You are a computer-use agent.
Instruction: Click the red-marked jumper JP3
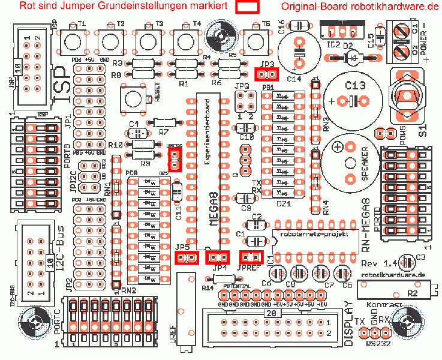point(267,74)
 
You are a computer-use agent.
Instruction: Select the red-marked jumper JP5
point(187,258)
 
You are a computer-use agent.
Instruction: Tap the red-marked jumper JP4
point(217,257)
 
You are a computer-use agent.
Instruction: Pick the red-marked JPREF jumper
point(251,257)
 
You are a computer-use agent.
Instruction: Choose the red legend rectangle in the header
point(247,7)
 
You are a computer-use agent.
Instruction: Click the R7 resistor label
point(164,131)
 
